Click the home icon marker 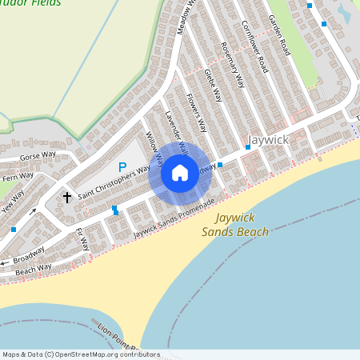pos(180,173)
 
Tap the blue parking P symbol pos(122,167)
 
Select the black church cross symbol pos(67,196)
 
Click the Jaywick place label pos(267,139)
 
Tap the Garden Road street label pos(278,31)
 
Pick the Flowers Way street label pos(196,113)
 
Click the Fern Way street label pos(18,177)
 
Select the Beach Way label pos(33,267)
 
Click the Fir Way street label pos(82,240)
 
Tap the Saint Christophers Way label pos(114,182)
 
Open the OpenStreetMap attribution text pos(80,354)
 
